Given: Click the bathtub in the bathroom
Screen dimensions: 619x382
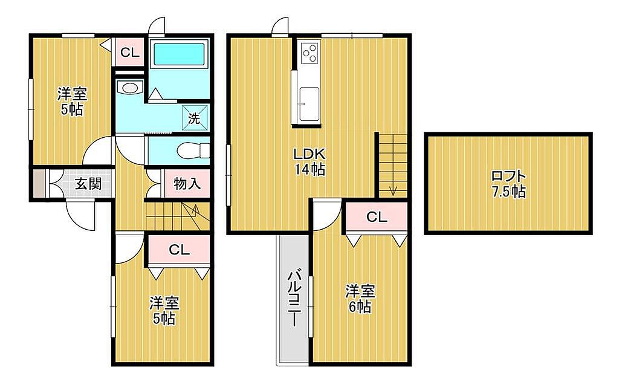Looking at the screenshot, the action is click(x=179, y=54).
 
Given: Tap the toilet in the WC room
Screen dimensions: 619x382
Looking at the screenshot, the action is click(x=193, y=150).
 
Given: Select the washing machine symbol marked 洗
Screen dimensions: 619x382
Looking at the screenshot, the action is click(x=193, y=118).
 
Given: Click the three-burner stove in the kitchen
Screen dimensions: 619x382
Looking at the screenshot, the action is click(x=309, y=53).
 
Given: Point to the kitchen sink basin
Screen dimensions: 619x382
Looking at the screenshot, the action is click(x=308, y=104).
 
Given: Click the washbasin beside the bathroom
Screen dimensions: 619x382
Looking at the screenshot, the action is click(x=129, y=88).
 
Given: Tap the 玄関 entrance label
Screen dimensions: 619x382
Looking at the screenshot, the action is click(x=88, y=184).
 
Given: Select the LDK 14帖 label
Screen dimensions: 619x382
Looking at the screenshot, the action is click(x=309, y=161).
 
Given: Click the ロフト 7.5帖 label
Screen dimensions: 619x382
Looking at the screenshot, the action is click(x=508, y=184).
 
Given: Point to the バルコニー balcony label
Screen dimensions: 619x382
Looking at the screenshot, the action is click(x=294, y=298).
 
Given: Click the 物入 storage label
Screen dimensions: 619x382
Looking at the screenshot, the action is click(x=187, y=183).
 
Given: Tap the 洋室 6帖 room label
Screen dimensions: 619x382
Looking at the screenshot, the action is click(x=360, y=299).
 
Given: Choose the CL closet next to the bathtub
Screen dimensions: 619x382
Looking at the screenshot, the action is click(x=130, y=53).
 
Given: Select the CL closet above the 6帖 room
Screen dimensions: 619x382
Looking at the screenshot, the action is click(x=377, y=217).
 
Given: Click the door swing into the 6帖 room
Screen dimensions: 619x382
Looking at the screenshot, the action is click(x=327, y=215).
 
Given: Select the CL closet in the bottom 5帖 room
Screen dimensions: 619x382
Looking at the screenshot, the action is click(x=179, y=250).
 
